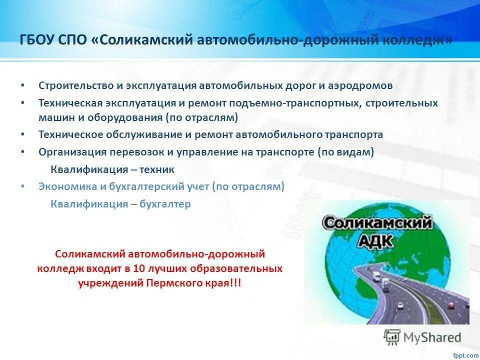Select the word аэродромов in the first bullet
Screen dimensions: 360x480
(360, 85)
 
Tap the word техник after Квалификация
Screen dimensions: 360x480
(156, 169)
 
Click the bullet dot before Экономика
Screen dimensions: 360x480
(22, 186)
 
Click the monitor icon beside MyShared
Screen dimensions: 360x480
(392, 336)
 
